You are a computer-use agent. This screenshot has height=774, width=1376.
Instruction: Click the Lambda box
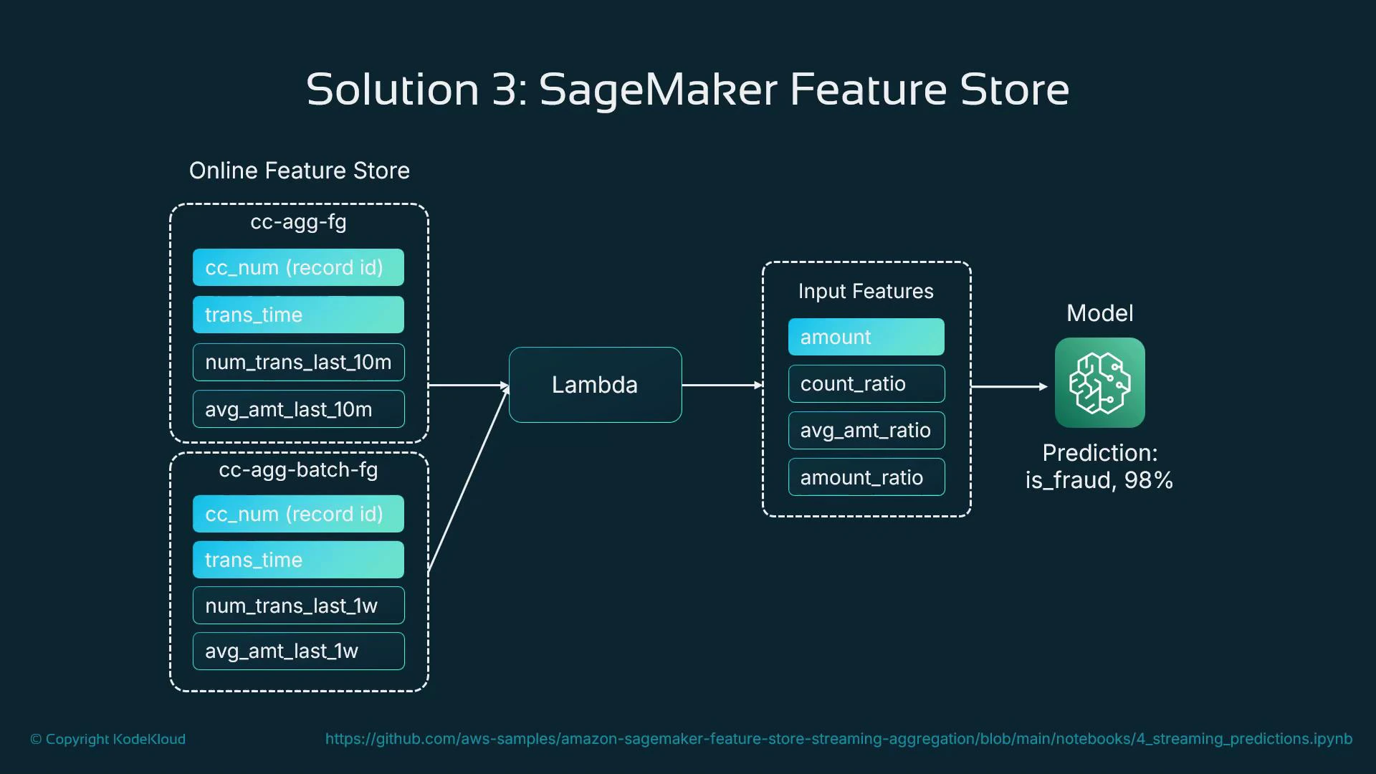point(595,385)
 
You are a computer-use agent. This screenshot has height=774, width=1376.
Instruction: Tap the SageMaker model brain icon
point(1099,383)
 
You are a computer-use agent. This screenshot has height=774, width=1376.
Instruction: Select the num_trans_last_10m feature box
point(298,363)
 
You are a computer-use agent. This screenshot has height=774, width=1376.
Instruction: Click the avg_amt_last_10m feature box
point(298,409)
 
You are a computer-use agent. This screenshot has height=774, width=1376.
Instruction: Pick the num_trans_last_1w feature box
point(298,606)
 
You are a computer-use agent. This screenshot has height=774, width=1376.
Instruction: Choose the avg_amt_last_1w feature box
point(298,651)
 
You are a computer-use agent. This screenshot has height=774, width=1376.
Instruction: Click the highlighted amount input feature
point(866,337)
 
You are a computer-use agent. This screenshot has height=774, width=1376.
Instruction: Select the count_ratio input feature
point(866,384)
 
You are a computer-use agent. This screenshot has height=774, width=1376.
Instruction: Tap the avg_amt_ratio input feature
point(866,431)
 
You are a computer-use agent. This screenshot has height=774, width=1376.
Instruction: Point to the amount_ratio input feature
point(866,477)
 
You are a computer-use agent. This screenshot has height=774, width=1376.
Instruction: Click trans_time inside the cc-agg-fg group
point(298,315)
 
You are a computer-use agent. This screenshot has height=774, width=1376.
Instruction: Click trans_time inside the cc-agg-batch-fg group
point(298,560)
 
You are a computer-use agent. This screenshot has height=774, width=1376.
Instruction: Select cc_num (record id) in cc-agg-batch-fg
point(298,514)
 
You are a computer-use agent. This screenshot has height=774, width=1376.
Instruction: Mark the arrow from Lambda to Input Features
point(722,385)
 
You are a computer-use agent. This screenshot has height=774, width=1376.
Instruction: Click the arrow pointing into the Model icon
point(1009,386)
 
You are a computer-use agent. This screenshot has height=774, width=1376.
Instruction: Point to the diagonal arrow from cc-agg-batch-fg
point(468,479)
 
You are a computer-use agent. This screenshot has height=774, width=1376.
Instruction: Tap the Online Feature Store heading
point(299,171)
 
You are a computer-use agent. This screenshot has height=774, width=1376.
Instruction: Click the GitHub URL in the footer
point(838,739)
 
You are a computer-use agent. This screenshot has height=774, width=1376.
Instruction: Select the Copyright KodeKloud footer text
point(107,739)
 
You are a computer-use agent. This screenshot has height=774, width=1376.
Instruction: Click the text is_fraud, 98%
point(1099,480)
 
